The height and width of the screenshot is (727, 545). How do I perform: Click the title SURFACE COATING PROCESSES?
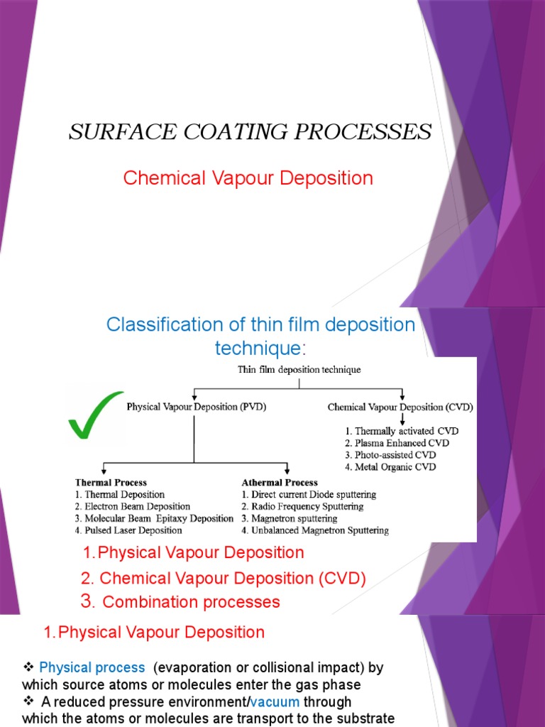coord(250,132)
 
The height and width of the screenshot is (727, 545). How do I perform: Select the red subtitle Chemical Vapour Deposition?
coord(248,178)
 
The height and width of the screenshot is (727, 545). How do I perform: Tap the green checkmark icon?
coord(94,415)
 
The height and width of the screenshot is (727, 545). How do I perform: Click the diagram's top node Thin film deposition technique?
coord(299,370)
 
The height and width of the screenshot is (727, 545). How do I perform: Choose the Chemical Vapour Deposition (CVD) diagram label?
coord(400,408)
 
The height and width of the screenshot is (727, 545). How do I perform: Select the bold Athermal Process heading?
coord(280,483)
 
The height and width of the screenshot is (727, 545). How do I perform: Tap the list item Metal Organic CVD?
coord(396,467)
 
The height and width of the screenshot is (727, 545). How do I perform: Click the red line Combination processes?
coord(191,602)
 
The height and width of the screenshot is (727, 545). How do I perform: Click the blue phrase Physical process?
coord(92,668)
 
